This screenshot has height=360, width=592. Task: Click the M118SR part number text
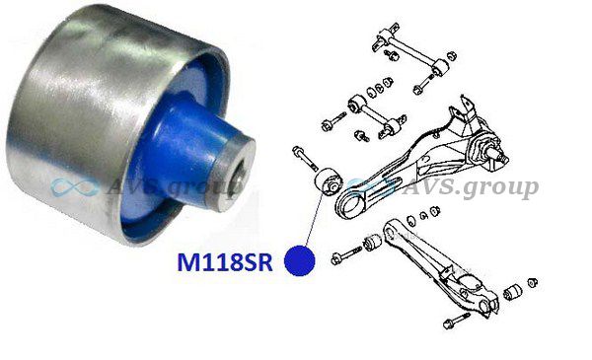225,262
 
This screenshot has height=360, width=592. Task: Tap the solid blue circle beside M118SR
299,260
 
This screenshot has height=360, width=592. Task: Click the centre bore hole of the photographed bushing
240,176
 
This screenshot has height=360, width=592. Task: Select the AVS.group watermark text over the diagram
470,187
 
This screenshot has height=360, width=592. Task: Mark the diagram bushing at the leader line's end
328,181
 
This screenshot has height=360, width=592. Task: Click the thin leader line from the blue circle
314,219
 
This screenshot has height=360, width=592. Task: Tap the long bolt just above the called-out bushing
305,158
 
